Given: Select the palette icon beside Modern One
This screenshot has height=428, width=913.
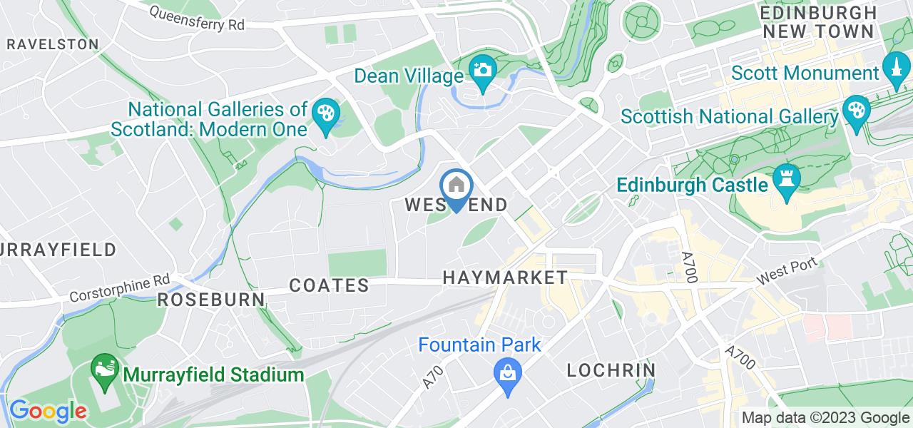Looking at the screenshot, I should [326, 114].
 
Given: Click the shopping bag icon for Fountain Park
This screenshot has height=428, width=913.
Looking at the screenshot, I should [507, 372].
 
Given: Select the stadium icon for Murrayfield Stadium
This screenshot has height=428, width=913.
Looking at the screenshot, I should [104, 370].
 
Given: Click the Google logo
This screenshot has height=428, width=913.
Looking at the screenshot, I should [48, 411].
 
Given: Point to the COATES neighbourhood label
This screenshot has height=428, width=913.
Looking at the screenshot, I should [329, 285].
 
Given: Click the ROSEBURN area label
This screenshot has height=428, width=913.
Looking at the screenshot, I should [210, 299].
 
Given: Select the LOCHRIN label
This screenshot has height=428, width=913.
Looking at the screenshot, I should [611, 370].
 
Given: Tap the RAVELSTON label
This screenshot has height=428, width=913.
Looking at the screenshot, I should [52, 44].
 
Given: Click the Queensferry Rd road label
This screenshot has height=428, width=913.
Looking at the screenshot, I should [198, 18].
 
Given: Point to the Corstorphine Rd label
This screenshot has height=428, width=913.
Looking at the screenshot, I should [121, 289].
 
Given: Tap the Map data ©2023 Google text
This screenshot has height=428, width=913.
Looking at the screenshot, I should [825, 418].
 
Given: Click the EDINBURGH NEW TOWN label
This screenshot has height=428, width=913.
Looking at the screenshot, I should [817, 21].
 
